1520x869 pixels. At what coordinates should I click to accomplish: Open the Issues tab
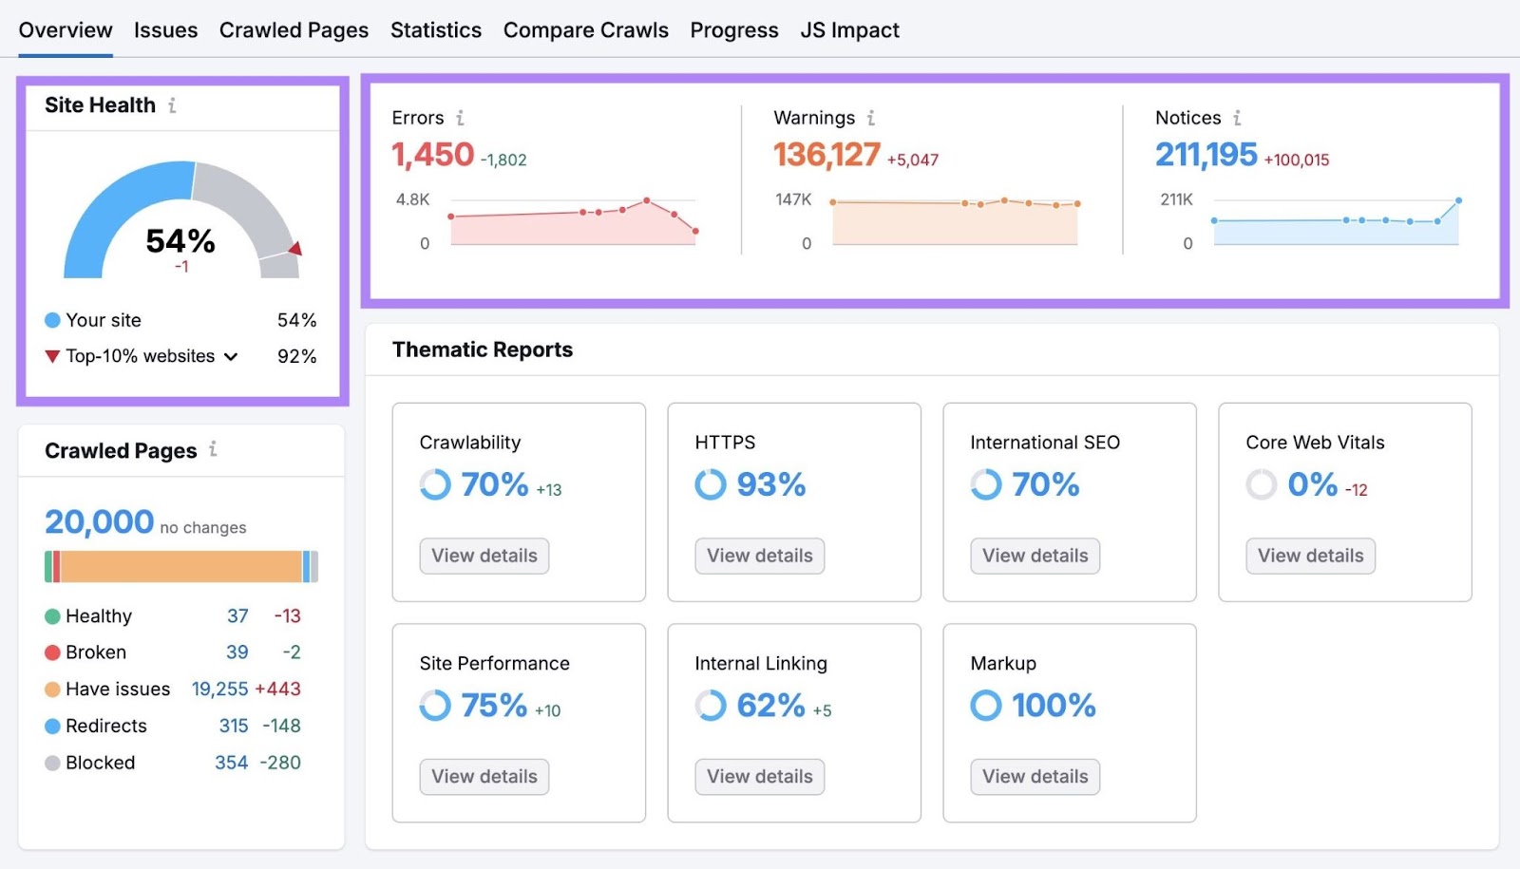coord(165,30)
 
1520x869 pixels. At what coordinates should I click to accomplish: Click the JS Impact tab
coord(849,30)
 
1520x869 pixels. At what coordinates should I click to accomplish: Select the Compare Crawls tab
coord(585,30)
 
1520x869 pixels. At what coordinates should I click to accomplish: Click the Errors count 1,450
coord(432,155)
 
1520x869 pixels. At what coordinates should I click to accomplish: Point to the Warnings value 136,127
coord(826,155)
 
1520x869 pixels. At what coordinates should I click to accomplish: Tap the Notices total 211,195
coord(1206,155)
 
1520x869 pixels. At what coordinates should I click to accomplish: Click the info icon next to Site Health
coord(172,105)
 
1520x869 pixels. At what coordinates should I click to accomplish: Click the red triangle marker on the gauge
coord(295,249)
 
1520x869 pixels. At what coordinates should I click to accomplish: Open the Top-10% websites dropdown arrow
coord(231,357)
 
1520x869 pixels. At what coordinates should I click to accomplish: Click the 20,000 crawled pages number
coord(99,521)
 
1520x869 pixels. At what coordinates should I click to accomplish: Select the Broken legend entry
coord(95,652)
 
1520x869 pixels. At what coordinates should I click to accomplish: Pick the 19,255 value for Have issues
coord(219,690)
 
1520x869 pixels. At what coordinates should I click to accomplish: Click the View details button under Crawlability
coord(484,556)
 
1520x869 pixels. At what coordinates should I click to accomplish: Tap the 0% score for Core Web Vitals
coord(1312,485)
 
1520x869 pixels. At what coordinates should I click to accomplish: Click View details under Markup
coord(1035,777)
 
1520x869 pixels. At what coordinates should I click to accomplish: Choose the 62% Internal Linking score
coord(770,706)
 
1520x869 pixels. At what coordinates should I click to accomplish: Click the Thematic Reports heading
coord(483,349)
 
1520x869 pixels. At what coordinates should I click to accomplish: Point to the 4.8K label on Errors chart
coord(412,199)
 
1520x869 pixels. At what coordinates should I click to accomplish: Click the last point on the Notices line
coord(1458,200)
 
